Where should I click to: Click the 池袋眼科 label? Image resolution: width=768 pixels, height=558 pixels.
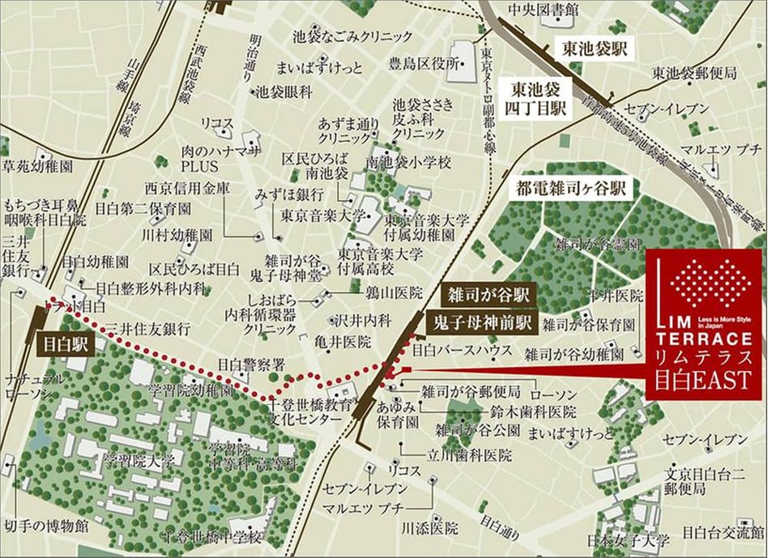click(x=284, y=92)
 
